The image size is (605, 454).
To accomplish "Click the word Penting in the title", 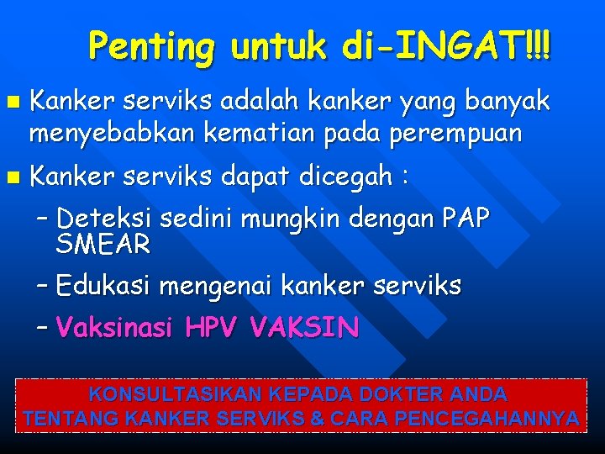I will [x=151, y=45].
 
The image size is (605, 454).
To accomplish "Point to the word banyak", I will [x=508, y=102].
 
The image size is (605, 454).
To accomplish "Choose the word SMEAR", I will [x=103, y=245].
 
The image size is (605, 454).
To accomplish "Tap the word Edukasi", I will [x=103, y=286].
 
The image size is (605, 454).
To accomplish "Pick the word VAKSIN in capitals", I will [x=305, y=327].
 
